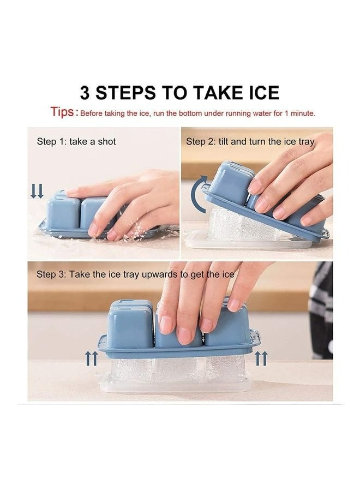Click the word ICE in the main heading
pyautogui.click(x=259, y=92)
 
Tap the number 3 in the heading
pyautogui.click(x=86, y=92)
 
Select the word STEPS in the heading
pyautogui.click(x=125, y=92)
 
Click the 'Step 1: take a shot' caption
pyautogui.click(x=76, y=141)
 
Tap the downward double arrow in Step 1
pyautogui.click(x=37, y=190)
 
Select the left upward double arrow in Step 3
pyautogui.click(x=92, y=358)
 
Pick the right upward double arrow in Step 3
pyautogui.click(x=261, y=358)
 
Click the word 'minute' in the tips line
pyautogui.click(x=301, y=113)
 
